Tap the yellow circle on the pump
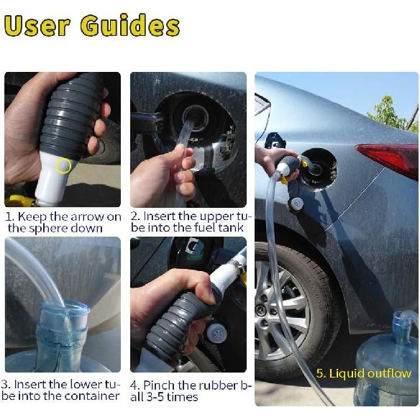(64, 166)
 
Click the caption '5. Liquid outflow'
(364, 373)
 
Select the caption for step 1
(63, 222)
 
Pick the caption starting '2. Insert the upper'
(191, 222)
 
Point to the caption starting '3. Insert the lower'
(62, 390)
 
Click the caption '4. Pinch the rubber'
(191, 391)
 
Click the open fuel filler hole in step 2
(195, 115)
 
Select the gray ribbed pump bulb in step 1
(72, 115)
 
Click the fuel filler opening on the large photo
(317, 165)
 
